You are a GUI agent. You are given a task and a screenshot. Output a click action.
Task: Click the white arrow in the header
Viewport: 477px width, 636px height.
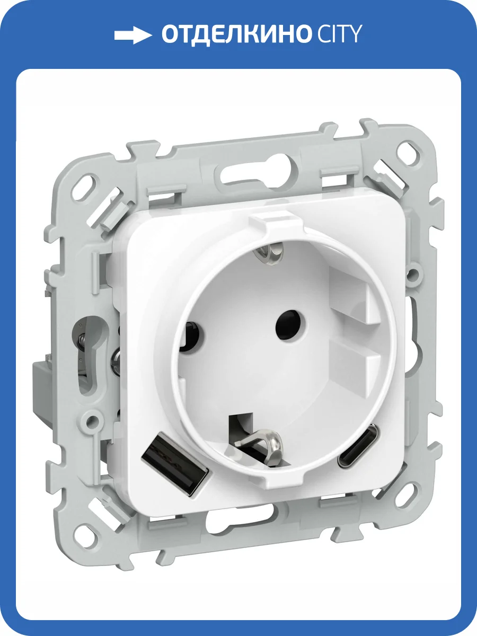[133, 36]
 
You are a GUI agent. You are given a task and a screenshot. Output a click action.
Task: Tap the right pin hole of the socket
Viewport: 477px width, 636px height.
[286, 319]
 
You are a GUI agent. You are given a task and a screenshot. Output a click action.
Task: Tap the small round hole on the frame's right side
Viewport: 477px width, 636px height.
[414, 274]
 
